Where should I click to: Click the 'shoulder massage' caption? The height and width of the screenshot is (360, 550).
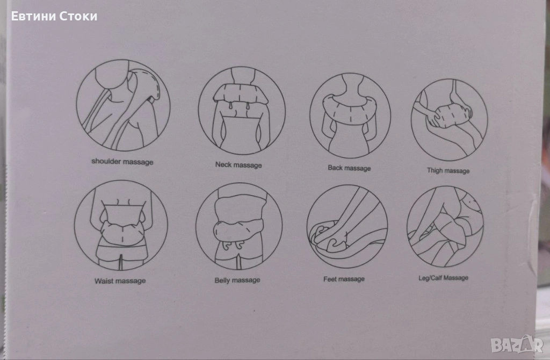click(122, 162)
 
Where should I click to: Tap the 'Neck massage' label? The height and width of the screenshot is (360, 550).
click(238, 164)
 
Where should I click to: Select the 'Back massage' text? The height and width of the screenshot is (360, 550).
click(349, 168)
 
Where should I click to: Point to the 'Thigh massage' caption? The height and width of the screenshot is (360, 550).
click(448, 171)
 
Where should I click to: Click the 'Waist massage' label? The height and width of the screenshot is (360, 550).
click(120, 280)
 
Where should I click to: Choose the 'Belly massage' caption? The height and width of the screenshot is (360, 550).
click(237, 280)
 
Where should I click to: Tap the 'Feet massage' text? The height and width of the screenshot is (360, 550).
click(344, 279)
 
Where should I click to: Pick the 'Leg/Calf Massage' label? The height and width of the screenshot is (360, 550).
click(443, 278)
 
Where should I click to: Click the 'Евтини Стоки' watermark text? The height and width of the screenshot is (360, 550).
click(54, 17)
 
